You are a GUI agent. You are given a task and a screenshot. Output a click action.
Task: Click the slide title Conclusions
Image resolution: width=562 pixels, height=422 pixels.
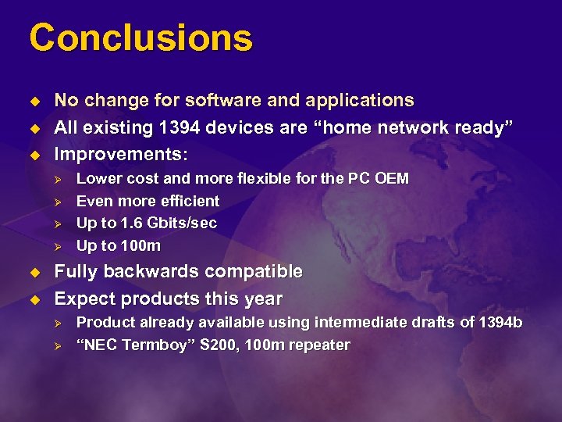[141, 38]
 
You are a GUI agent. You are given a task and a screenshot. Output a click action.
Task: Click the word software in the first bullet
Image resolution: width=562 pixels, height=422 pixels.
[220, 101]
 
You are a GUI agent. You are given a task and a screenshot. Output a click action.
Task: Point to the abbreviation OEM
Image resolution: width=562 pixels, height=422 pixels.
[391, 178]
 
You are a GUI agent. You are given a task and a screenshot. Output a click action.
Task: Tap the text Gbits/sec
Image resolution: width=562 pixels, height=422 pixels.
[179, 224]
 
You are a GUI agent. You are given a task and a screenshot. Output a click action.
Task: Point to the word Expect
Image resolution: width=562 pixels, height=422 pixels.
[80, 299]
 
